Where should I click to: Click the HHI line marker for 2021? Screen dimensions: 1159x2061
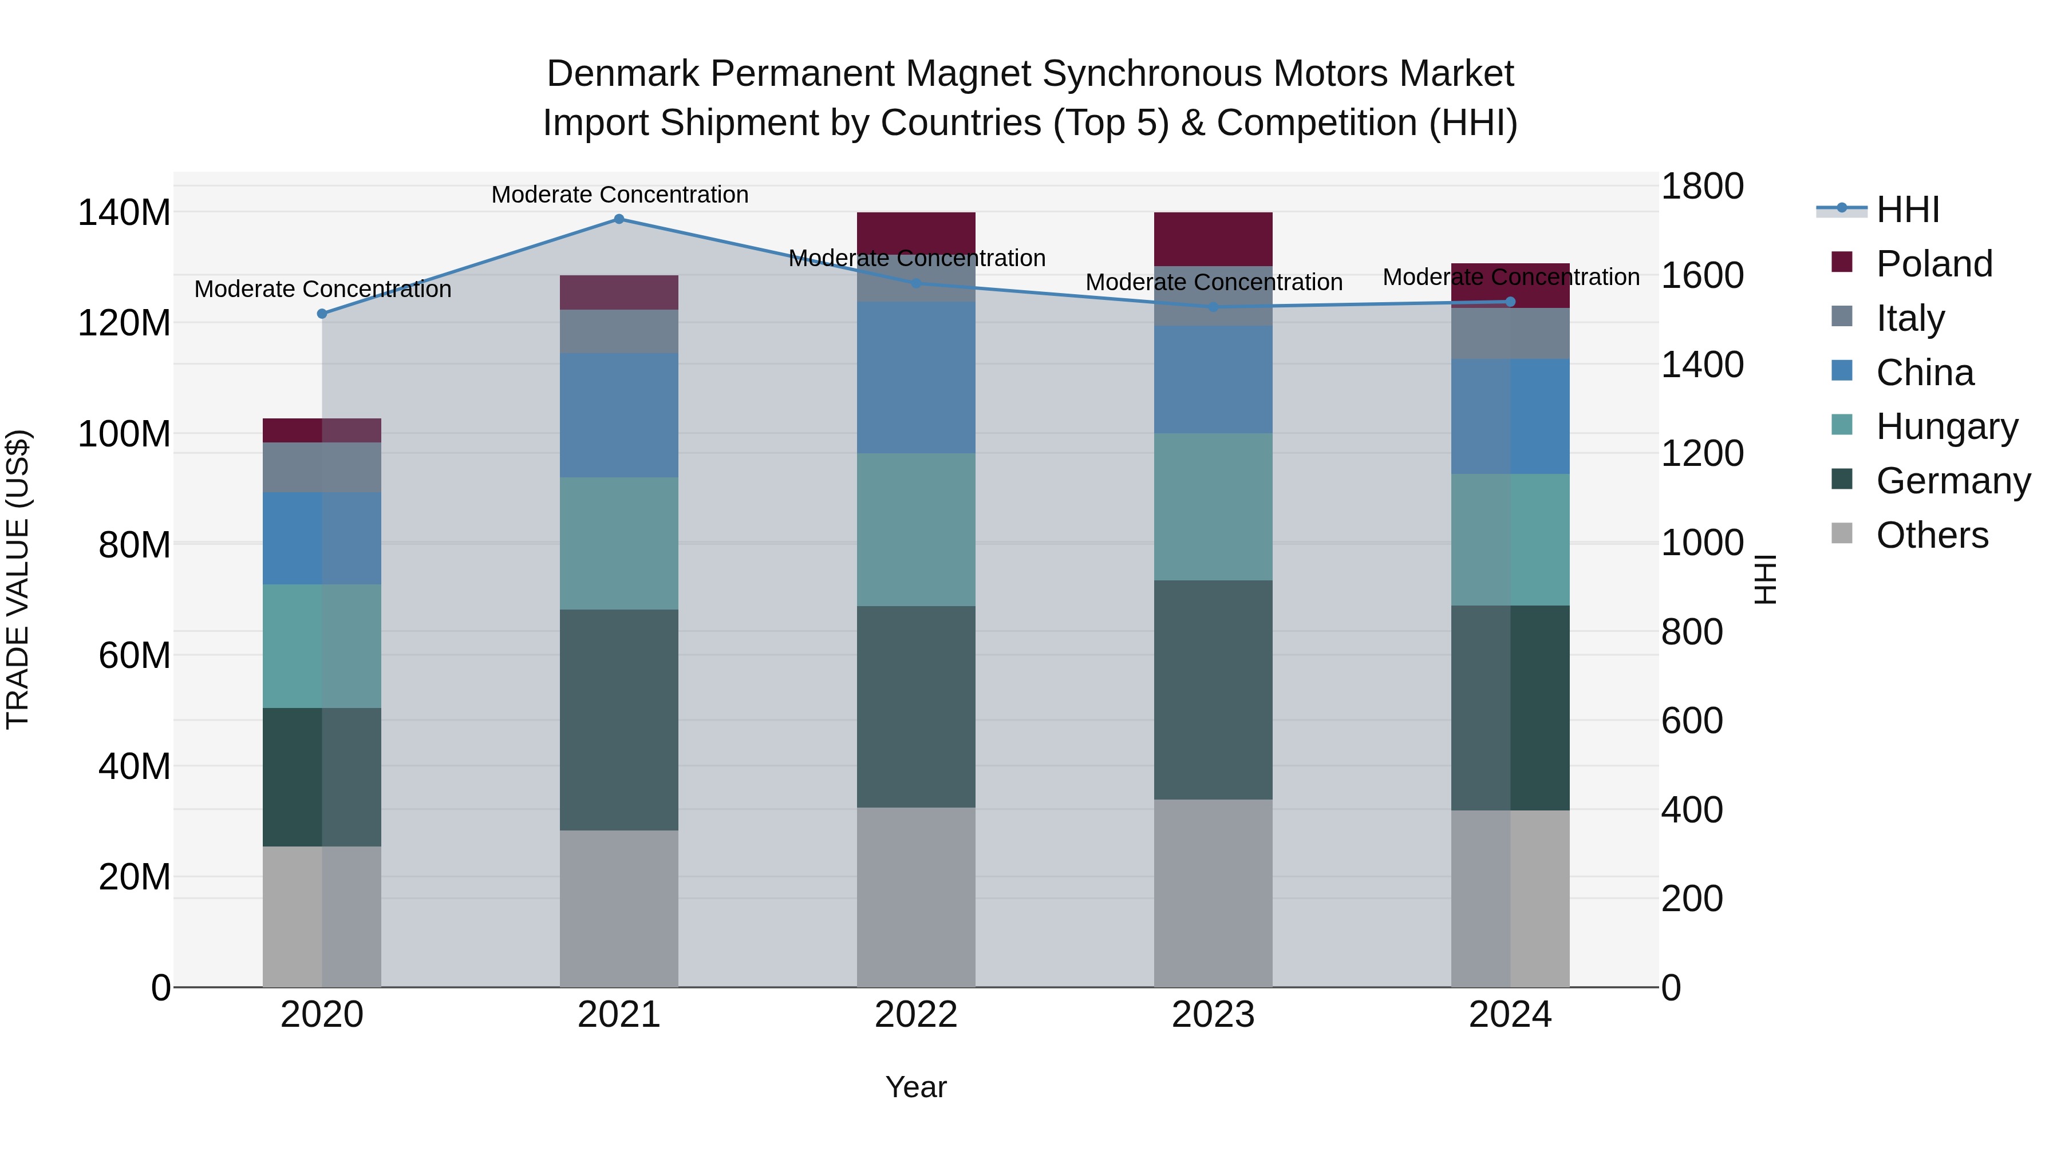click(x=618, y=219)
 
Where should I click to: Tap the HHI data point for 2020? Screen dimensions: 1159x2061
click(x=322, y=314)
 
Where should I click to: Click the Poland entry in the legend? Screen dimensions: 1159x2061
click(x=1934, y=264)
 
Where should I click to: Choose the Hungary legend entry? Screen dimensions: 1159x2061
click(x=1946, y=427)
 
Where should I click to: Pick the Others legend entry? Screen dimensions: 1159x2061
click(x=1932, y=536)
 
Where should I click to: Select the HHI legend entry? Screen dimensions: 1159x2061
click(x=1908, y=209)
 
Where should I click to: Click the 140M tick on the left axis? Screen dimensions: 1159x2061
click(x=124, y=213)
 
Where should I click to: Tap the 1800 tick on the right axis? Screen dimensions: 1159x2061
click(x=1703, y=187)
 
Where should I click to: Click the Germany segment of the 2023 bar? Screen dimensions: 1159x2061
click(x=1213, y=690)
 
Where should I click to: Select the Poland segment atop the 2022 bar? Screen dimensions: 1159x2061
click(x=916, y=234)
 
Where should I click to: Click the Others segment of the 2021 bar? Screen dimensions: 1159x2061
click(x=618, y=909)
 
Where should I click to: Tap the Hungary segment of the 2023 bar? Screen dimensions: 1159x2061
click(x=1213, y=507)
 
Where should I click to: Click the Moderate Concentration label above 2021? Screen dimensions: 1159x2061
click(x=620, y=195)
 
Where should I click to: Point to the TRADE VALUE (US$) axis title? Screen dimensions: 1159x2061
click(x=18, y=579)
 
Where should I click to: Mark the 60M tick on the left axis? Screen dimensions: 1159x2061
click(x=135, y=656)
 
